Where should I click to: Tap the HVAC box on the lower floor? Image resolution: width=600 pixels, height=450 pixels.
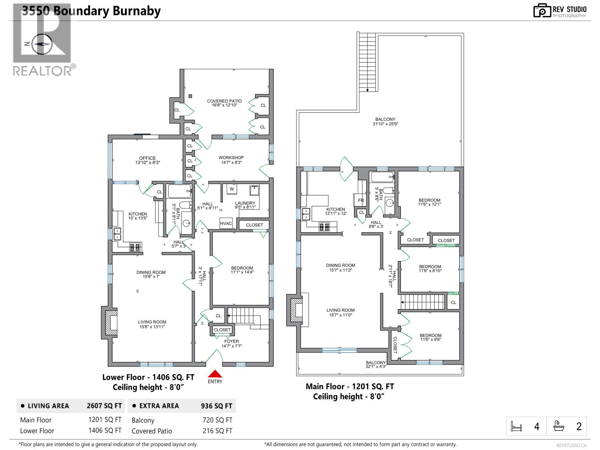click(x=226, y=223)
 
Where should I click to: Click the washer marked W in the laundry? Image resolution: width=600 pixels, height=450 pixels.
click(x=232, y=189)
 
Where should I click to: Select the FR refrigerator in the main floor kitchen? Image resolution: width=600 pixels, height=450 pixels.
click(x=361, y=200)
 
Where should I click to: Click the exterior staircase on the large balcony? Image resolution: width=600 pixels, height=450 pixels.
click(x=367, y=62)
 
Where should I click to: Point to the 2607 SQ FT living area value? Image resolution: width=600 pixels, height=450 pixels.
click(x=104, y=406)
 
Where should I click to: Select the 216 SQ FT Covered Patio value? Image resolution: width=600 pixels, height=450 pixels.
click(x=217, y=431)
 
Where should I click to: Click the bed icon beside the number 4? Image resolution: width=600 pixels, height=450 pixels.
click(x=516, y=426)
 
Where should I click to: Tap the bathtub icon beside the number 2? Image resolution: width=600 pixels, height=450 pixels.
click(x=559, y=426)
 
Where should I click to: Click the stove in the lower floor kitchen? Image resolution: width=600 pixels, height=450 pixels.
click(x=135, y=247)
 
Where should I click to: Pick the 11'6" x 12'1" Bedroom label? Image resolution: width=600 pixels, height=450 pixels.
click(x=429, y=202)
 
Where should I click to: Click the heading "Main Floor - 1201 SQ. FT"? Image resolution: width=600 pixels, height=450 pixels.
click(x=349, y=386)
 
